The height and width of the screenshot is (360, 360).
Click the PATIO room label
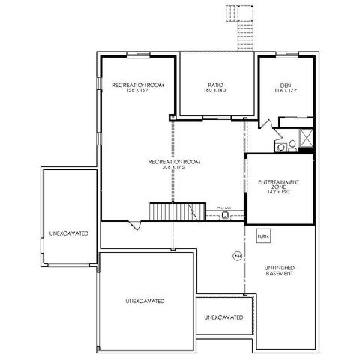tap(215, 85)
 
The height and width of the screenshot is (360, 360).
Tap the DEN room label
tap(285, 85)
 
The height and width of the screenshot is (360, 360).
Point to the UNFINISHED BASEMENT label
tap(278, 270)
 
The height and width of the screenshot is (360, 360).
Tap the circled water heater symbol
tap(236, 256)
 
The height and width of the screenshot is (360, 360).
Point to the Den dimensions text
tap(285, 91)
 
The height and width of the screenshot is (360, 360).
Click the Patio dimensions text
tap(215, 91)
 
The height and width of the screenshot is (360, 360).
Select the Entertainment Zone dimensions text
tap(278, 193)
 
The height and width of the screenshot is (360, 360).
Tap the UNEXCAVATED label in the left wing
tap(69, 232)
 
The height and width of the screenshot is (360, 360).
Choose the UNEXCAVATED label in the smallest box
tap(223, 317)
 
